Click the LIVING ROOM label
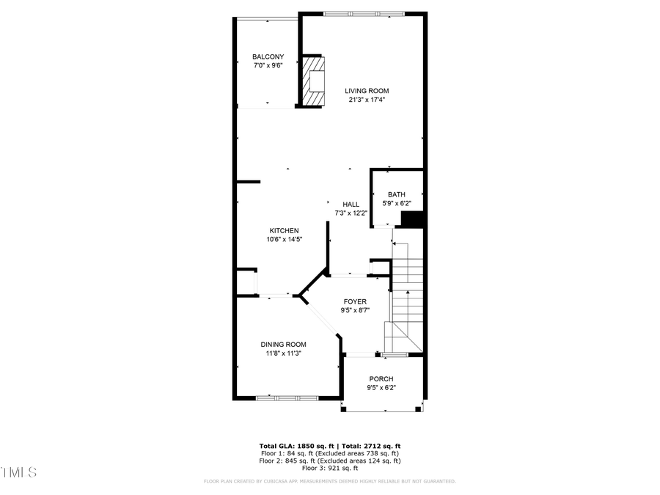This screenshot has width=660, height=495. coord(367,91)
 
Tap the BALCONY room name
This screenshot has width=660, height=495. coord(268,56)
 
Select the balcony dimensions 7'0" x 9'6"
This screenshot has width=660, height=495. coord(268,65)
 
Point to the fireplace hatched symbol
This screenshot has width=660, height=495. coord(314,81)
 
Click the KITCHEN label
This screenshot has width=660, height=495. coord(283,230)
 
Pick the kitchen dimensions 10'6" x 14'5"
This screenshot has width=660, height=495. coord(284,239)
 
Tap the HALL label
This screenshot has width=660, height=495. coord(351,205)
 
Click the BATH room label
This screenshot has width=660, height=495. coord(396,194)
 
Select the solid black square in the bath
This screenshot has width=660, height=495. coord(414,219)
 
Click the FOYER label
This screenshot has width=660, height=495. coord(355,301)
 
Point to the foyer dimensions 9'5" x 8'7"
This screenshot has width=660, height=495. coord(355,310)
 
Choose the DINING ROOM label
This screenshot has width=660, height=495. coord(283,344)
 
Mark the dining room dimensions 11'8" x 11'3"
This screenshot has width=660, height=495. coord(283,353)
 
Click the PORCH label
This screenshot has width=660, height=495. coord(381,379)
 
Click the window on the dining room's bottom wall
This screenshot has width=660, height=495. coord(287,397)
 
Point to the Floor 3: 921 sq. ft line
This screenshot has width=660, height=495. coord(329,468)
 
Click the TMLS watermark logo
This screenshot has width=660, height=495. coord(18,472)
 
